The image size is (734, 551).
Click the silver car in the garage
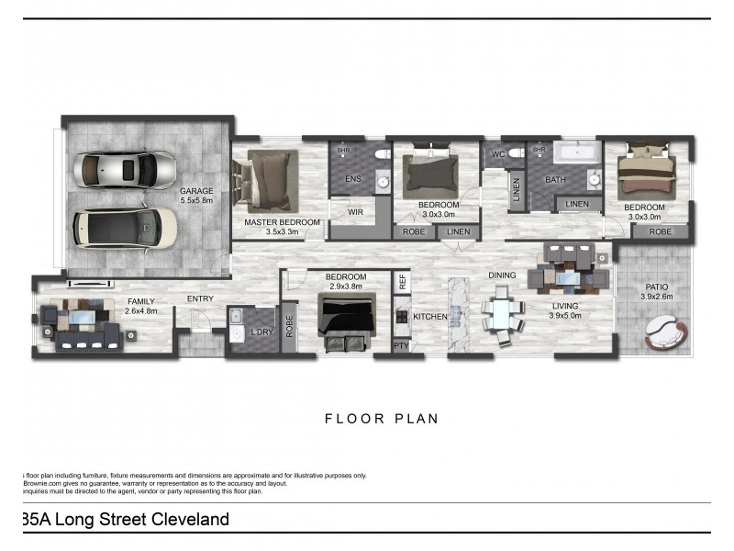click(128, 169)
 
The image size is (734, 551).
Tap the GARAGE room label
click(196, 190)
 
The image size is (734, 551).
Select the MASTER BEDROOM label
click(282, 222)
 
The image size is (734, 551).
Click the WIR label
click(356, 212)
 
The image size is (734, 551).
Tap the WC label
click(499, 153)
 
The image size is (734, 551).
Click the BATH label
click(555, 180)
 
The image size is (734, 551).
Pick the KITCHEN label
click(429, 317)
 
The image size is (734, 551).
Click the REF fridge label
click(401, 283)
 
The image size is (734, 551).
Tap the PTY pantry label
click(401, 346)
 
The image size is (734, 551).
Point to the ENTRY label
click(201, 298)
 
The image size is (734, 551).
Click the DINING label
click(502, 275)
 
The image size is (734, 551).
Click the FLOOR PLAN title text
click(382, 419)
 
